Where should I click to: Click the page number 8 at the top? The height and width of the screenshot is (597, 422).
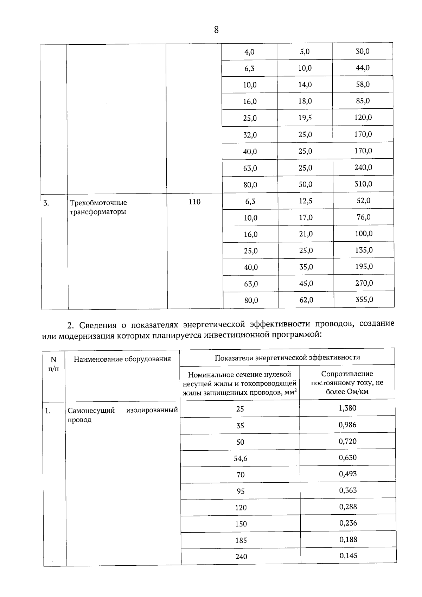216,30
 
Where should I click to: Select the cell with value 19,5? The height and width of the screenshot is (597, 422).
305,118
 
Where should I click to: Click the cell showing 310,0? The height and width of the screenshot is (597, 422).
363,184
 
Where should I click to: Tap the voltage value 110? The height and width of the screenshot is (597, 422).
194,202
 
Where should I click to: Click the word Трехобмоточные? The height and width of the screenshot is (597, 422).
98,203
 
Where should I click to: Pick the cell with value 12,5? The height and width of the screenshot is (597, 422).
306,201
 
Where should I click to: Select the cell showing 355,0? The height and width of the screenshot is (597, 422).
364,300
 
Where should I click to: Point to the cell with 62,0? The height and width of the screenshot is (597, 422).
306,300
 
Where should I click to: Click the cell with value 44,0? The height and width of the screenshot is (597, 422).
363,68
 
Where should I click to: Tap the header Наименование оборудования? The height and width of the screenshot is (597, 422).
122,359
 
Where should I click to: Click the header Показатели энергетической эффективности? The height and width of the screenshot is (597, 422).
287,357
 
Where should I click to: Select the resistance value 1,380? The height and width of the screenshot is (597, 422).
347,408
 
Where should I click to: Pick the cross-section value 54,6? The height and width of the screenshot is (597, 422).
240,458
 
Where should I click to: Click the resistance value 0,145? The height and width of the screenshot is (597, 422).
348,556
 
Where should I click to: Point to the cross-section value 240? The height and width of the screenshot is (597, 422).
241,557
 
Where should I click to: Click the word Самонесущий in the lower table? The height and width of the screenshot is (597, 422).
91,411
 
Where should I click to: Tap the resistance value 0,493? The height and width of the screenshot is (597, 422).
347,474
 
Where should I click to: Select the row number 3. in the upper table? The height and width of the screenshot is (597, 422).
46,203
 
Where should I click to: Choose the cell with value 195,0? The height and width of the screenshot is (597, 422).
364,267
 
